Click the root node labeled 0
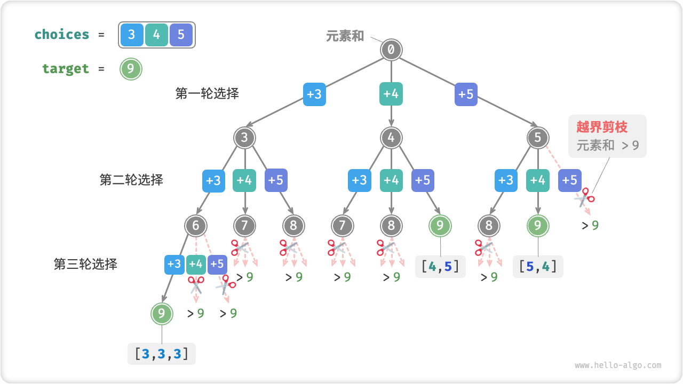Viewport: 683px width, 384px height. tap(391, 50)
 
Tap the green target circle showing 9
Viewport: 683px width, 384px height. tap(131, 69)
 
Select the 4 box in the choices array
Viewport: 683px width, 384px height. tap(156, 35)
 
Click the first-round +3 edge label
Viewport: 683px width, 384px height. tap(314, 94)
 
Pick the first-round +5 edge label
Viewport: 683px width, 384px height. tap(466, 94)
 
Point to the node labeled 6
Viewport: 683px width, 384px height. tap(196, 226)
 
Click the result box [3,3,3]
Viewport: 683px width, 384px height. tap(162, 354)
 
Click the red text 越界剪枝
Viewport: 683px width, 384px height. tap(602, 127)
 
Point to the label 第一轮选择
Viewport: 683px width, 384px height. tap(207, 93)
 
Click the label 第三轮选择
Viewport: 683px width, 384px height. tap(85, 264)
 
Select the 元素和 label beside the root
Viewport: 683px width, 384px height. tap(345, 36)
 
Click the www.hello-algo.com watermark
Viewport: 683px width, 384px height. tap(618, 365)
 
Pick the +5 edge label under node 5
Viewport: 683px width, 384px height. tap(570, 180)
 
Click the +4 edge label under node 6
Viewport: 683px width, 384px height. tap(196, 264)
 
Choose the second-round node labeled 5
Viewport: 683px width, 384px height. tap(537, 138)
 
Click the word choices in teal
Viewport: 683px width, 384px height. tap(62, 35)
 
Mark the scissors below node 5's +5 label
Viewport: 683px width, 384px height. tap(584, 197)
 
